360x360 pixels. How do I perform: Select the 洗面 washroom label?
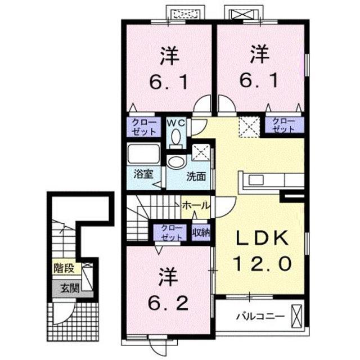click(x=196, y=175)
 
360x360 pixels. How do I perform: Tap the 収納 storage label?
click(x=200, y=231)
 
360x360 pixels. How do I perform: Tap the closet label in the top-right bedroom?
click(x=283, y=125)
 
